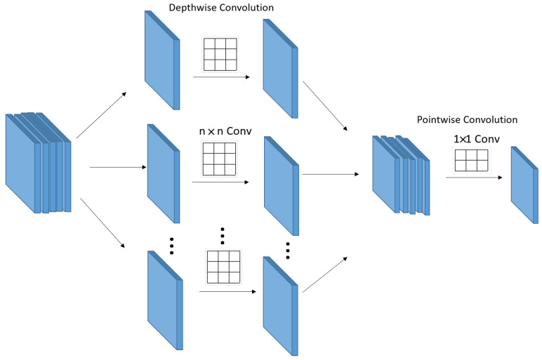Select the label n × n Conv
225,131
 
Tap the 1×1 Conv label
476,139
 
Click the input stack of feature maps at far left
38,162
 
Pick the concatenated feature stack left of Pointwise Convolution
401,175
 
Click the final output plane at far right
524,185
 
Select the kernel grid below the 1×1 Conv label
472,160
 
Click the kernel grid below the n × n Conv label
219,159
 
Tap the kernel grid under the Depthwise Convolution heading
220,55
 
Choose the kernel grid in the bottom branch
223,267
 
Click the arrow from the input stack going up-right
101,115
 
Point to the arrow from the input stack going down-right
103,223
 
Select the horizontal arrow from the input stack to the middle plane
118,168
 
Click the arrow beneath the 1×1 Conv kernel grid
474,178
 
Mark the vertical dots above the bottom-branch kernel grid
223,236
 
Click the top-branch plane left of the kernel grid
162,60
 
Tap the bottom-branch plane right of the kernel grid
280,306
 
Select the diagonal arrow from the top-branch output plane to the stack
325,106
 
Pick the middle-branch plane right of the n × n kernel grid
282,186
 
